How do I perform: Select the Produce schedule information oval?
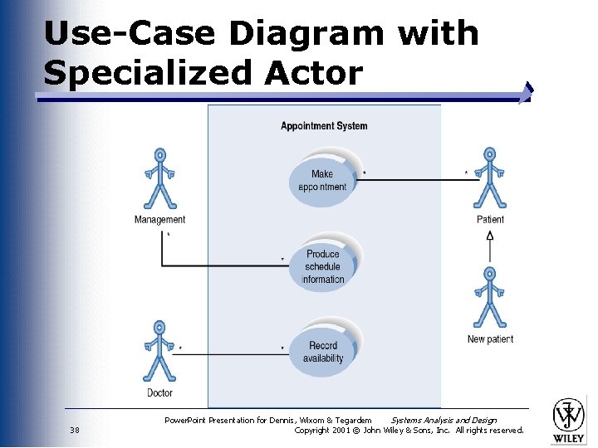[x=323, y=266]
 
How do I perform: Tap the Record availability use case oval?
[x=323, y=352]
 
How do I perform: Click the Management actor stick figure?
[x=159, y=179]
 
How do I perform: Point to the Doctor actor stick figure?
[x=159, y=352]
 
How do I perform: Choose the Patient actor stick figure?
[x=490, y=179]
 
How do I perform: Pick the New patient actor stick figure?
[x=490, y=297]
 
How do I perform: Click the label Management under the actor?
[x=159, y=220]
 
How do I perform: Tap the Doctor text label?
[x=159, y=393]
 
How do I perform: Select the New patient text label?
[x=490, y=338]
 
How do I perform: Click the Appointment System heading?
[x=324, y=126]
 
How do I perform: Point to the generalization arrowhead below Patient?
[x=490, y=235]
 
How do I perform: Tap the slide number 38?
[x=75, y=430]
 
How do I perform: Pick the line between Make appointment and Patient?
[x=415, y=180]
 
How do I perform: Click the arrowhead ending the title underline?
[x=526, y=93]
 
